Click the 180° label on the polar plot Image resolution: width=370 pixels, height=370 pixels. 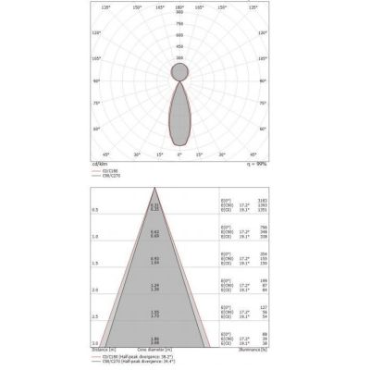pyautogui.click(x=179, y=7)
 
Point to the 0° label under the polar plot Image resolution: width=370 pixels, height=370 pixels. pyautogui.click(x=179, y=154)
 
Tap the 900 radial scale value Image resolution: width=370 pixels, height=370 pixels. pyautogui.click(x=179, y=13)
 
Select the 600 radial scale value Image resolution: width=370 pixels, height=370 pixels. pyautogui.click(x=179, y=37)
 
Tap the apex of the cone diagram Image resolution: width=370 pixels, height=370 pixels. pyautogui.click(x=155, y=189)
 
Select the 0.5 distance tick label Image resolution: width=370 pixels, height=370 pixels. pyautogui.click(x=93, y=210)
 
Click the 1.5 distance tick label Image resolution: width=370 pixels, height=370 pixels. pyautogui.click(x=93, y=264)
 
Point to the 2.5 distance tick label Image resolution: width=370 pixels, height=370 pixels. pyautogui.click(x=93, y=317)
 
